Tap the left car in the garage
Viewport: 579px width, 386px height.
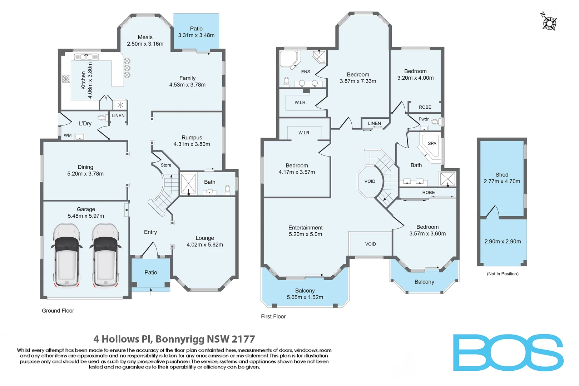click(x=66, y=255)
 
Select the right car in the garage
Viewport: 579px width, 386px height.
click(x=105, y=255)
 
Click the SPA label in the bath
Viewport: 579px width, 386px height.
click(x=432, y=143)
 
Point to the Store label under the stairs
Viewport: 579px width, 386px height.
click(x=166, y=165)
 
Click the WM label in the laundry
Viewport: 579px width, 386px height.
click(x=68, y=135)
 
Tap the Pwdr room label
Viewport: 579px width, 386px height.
click(x=424, y=119)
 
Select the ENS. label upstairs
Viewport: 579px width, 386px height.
click(x=306, y=72)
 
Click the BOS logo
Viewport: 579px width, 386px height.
click(x=508, y=352)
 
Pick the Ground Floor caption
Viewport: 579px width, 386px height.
click(x=58, y=311)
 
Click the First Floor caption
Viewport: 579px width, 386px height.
click(x=273, y=316)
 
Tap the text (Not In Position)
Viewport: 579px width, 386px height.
click(x=503, y=274)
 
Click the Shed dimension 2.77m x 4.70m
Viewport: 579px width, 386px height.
click(x=502, y=182)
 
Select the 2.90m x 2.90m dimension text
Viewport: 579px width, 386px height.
click(x=503, y=242)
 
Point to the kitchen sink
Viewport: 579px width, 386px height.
click(x=86, y=57)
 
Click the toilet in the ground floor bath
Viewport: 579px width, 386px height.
click(x=227, y=189)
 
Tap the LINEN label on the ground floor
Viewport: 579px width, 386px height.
click(x=118, y=116)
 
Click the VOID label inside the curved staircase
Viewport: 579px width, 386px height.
click(x=370, y=181)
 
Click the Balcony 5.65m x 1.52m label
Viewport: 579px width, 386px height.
click(x=305, y=294)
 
